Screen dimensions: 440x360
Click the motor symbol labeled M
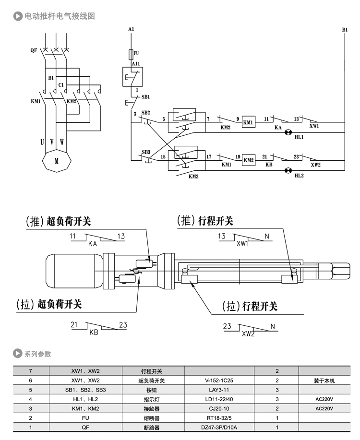click(57, 161)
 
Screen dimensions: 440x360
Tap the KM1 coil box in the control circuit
click(248, 122)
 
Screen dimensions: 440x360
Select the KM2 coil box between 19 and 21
click(248, 160)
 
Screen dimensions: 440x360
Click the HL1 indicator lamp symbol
click(288, 132)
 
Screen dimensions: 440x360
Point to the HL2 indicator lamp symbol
click(288, 170)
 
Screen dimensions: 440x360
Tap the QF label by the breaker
click(34, 50)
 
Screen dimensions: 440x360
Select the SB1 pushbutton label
click(146, 96)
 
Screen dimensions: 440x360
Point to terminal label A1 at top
click(131, 30)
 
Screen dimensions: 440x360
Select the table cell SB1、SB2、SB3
click(85, 390)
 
